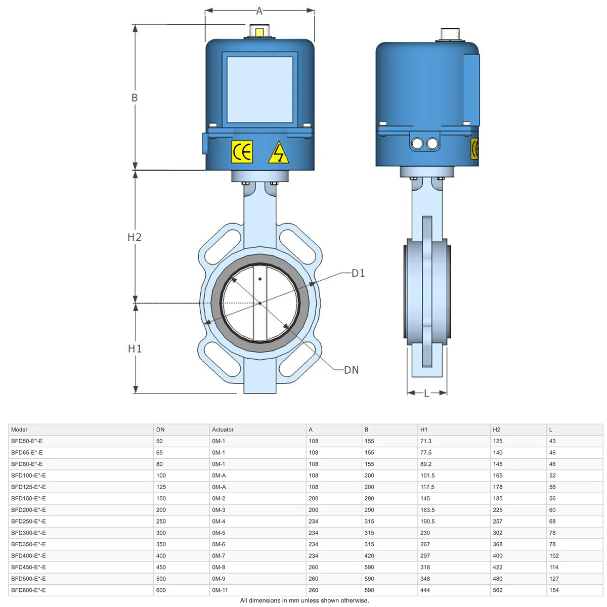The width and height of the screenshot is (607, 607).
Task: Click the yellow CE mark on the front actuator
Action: [242, 152]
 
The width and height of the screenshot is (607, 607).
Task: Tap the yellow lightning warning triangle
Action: [278, 153]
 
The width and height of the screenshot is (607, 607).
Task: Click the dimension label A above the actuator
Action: [259, 11]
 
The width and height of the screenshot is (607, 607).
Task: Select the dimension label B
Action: [135, 98]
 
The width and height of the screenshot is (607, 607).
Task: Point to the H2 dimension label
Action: [135, 237]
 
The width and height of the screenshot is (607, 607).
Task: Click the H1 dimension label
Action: [135, 349]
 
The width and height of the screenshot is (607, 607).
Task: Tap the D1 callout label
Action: [358, 273]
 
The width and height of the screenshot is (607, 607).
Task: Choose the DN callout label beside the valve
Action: [351, 370]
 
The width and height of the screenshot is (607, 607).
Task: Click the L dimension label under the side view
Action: [426, 394]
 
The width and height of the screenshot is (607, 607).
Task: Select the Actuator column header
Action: [223, 429]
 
